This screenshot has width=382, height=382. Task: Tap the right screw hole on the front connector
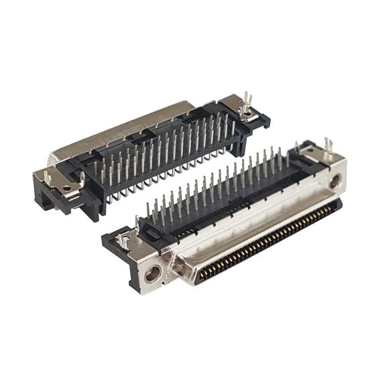335,180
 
